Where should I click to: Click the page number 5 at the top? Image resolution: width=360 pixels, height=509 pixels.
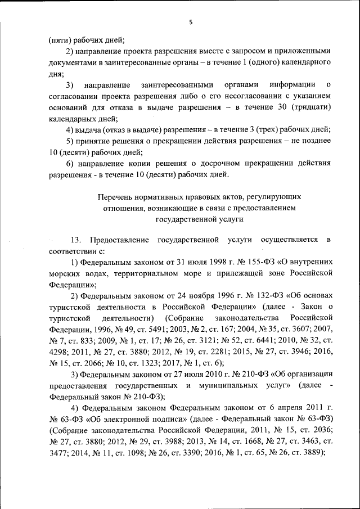point(190,22)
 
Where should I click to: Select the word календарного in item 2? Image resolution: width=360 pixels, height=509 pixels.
point(305,62)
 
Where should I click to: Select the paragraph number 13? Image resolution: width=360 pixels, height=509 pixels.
point(76,240)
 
